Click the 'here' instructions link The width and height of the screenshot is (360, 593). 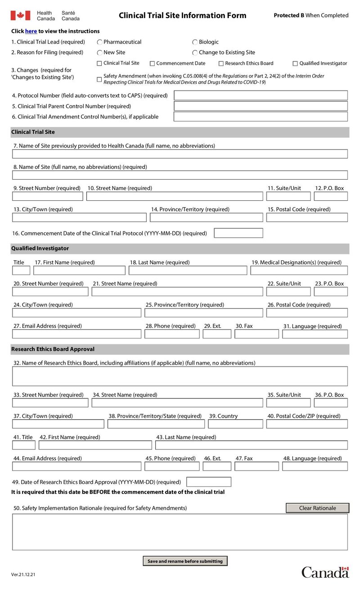(x=31, y=32)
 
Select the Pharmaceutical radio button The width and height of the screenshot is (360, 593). (x=100, y=42)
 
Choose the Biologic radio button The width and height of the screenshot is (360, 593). (x=195, y=42)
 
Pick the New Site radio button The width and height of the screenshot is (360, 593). (x=100, y=53)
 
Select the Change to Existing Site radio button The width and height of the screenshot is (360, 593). (x=195, y=53)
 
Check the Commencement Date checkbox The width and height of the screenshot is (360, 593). (x=152, y=63)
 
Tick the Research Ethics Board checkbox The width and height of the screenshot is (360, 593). (x=221, y=63)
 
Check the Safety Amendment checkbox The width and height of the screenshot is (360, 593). (x=99, y=79)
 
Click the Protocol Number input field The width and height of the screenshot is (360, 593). (x=261, y=95)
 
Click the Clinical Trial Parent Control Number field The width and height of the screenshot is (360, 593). (x=261, y=106)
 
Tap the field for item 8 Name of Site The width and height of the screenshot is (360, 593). (x=180, y=175)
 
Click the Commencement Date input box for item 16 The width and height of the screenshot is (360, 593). (x=238, y=233)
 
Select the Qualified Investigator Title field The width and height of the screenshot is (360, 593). (x=21, y=271)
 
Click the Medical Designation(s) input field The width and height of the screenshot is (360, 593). (x=299, y=271)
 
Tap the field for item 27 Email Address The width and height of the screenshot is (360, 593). (x=76, y=334)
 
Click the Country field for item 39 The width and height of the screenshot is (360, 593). (x=235, y=424)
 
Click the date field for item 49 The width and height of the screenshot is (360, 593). (x=208, y=482)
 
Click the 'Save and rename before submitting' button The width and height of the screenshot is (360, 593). (x=185, y=561)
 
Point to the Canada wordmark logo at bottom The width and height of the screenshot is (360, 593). (x=325, y=572)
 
